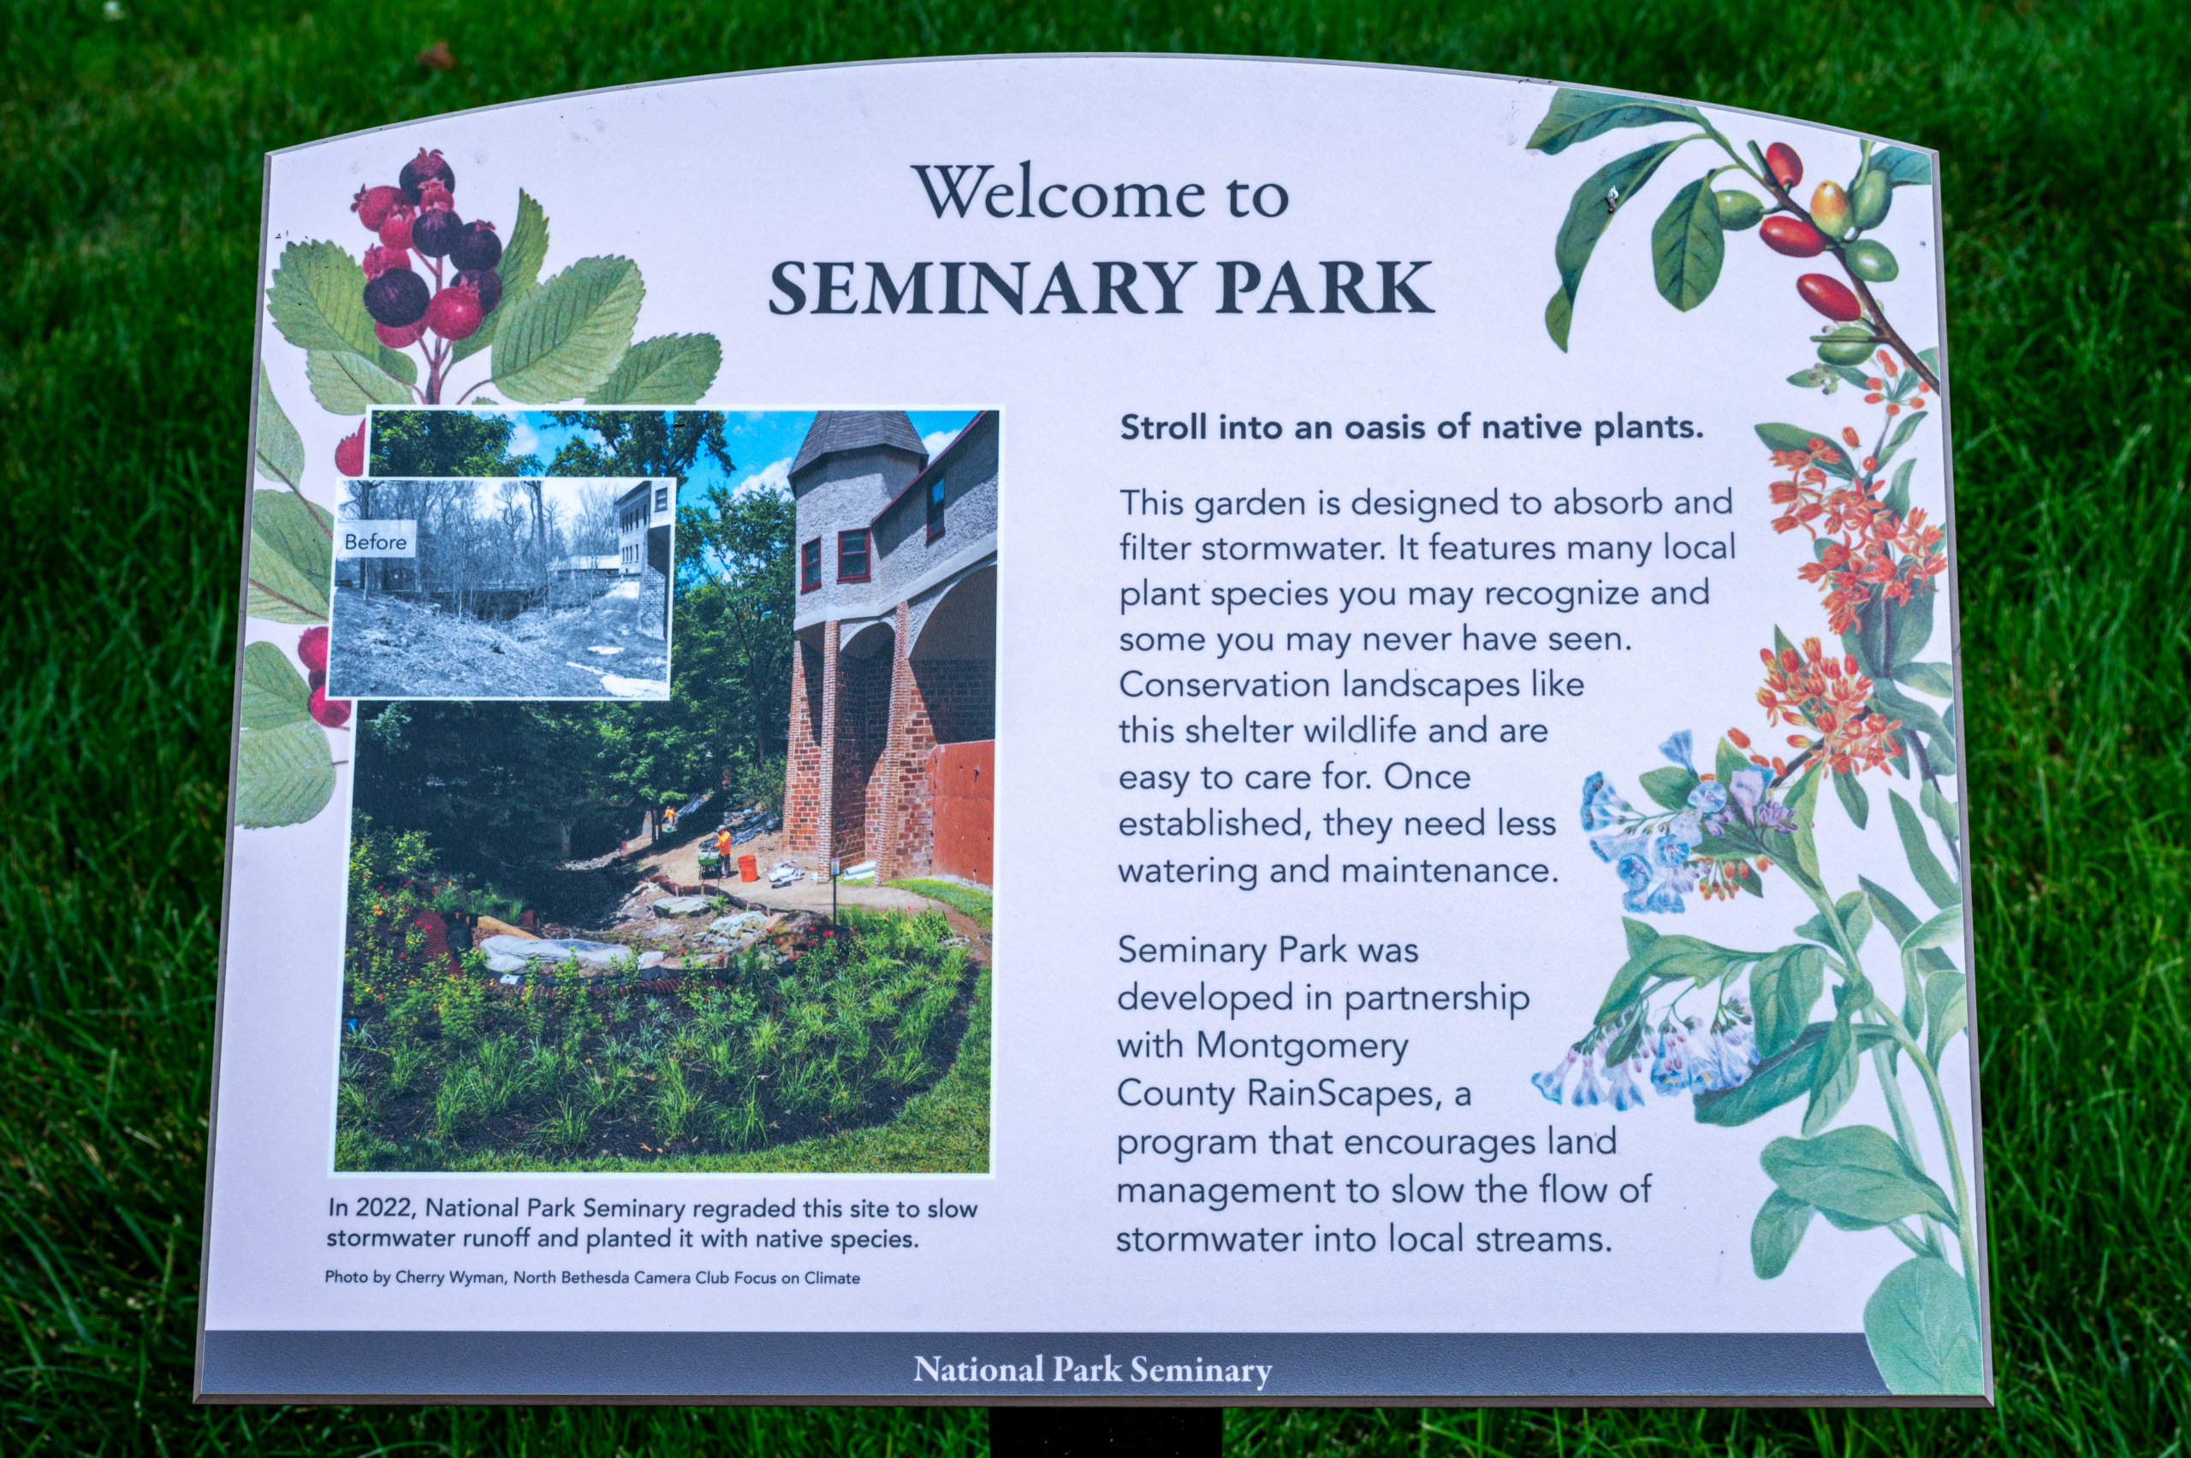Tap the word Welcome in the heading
(x=1053, y=194)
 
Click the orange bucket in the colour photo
(x=748, y=868)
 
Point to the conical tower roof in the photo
(x=857, y=441)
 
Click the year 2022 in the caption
(x=387, y=1208)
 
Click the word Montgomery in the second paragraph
(x=1302, y=1047)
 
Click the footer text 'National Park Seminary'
(x=1092, y=1370)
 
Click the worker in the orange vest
(x=722, y=849)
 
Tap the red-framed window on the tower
(x=852, y=554)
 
